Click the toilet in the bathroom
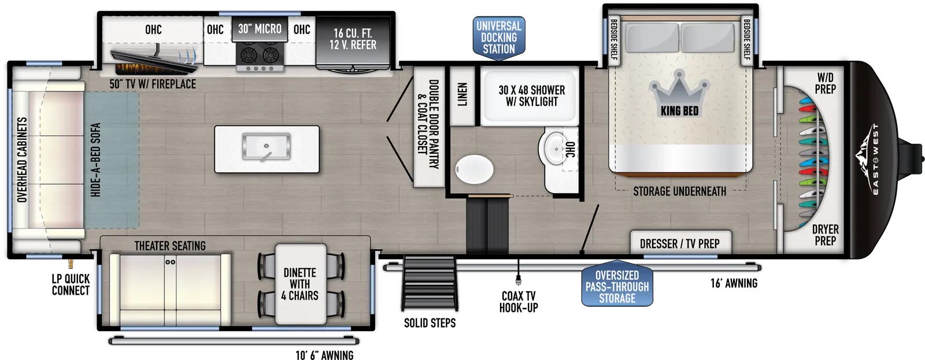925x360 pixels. click(x=474, y=169)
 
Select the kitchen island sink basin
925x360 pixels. click(x=267, y=147)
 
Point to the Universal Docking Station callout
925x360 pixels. click(x=499, y=38)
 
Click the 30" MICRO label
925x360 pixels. click(x=260, y=28)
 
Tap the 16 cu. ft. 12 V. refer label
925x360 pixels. click(x=353, y=39)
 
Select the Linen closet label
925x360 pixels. click(x=462, y=95)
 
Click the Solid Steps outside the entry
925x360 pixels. click(x=430, y=283)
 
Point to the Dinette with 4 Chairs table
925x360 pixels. click(x=301, y=284)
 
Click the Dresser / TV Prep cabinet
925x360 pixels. click(x=680, y=242)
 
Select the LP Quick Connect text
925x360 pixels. click(x=71, y=284)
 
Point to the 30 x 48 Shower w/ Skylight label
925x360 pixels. click(x=531, y=96)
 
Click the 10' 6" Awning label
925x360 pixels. click(x=324, y=355)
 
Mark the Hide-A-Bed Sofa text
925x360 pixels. click(x=95, y=159)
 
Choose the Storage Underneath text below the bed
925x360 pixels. click(x=679, y=191)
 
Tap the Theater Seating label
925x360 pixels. click(x=170, y=246)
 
